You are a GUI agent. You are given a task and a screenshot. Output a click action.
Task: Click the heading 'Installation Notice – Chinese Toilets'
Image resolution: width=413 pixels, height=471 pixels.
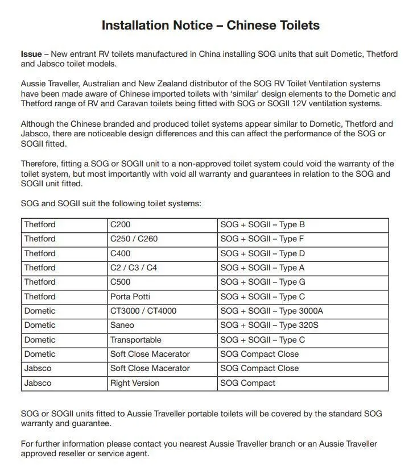pos(210,25)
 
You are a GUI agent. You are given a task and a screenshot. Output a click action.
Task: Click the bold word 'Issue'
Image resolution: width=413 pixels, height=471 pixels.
pos(31,55)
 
